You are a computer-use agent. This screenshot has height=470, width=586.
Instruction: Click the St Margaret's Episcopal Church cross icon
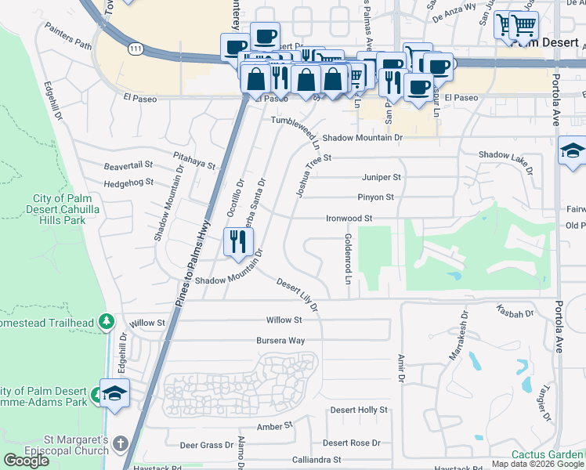click(x=120, y=443)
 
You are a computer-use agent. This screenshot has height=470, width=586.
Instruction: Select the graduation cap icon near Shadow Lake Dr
click(x=573, y=151)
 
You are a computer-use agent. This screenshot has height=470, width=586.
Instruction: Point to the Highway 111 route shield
click(x=137, y=49)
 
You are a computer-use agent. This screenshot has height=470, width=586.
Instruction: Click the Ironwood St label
click(x=348, y=219)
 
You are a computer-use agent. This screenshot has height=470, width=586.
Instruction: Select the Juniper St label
click(x=381, y=177)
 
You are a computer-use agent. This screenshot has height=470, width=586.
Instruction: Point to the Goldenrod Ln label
click(x=346, y=258)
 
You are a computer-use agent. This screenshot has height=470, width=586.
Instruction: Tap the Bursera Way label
click(x=280, y=341)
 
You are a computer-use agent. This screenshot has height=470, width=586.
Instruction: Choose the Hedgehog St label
click(x=128, y=182)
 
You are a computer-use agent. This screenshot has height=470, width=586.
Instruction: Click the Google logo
click(x=27, y=460)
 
